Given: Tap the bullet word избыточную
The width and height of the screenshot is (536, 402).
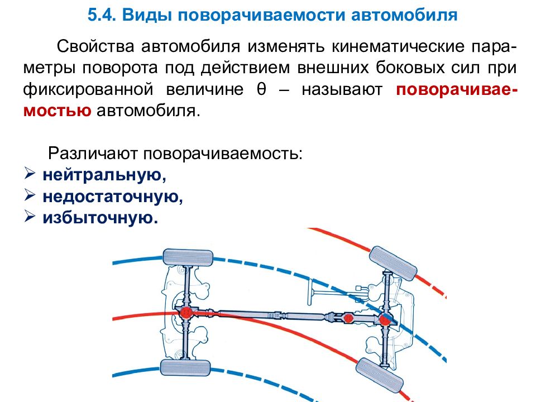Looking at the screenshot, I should [x=100, y=217].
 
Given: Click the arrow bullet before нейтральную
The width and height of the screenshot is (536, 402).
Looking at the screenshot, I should [x=31, y=175].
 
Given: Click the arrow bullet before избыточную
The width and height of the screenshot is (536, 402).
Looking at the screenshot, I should [x=31, y=217].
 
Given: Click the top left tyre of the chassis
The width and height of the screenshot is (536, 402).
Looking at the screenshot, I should [x=188, y=258].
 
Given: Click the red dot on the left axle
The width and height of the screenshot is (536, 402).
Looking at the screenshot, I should [x=185, y=314].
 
